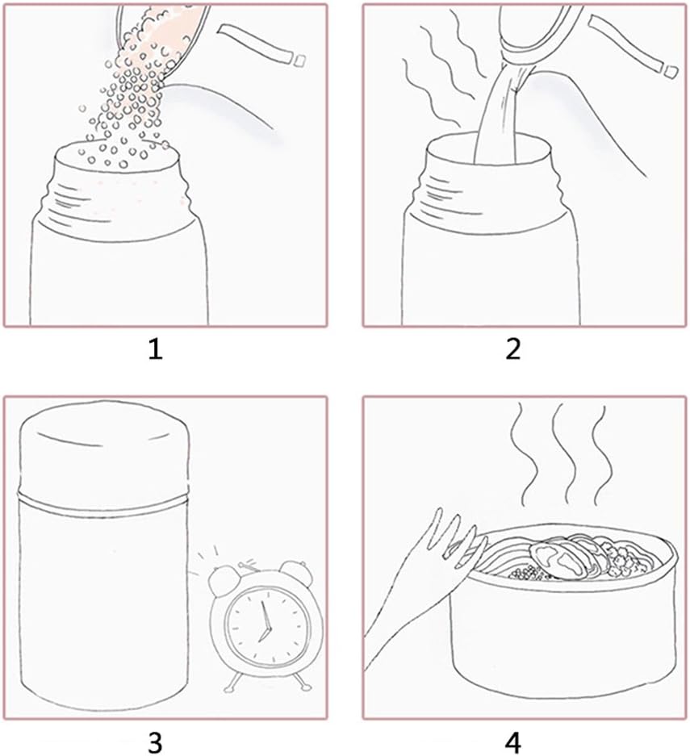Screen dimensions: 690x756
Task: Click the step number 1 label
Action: [155, 349]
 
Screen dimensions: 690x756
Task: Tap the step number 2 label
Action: [513, 349]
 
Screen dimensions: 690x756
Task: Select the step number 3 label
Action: [155, 742]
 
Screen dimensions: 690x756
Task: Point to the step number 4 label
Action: [513, 742]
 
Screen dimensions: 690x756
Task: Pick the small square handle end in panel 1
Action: [299, 61]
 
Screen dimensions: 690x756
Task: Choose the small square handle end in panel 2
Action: [669, 71]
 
